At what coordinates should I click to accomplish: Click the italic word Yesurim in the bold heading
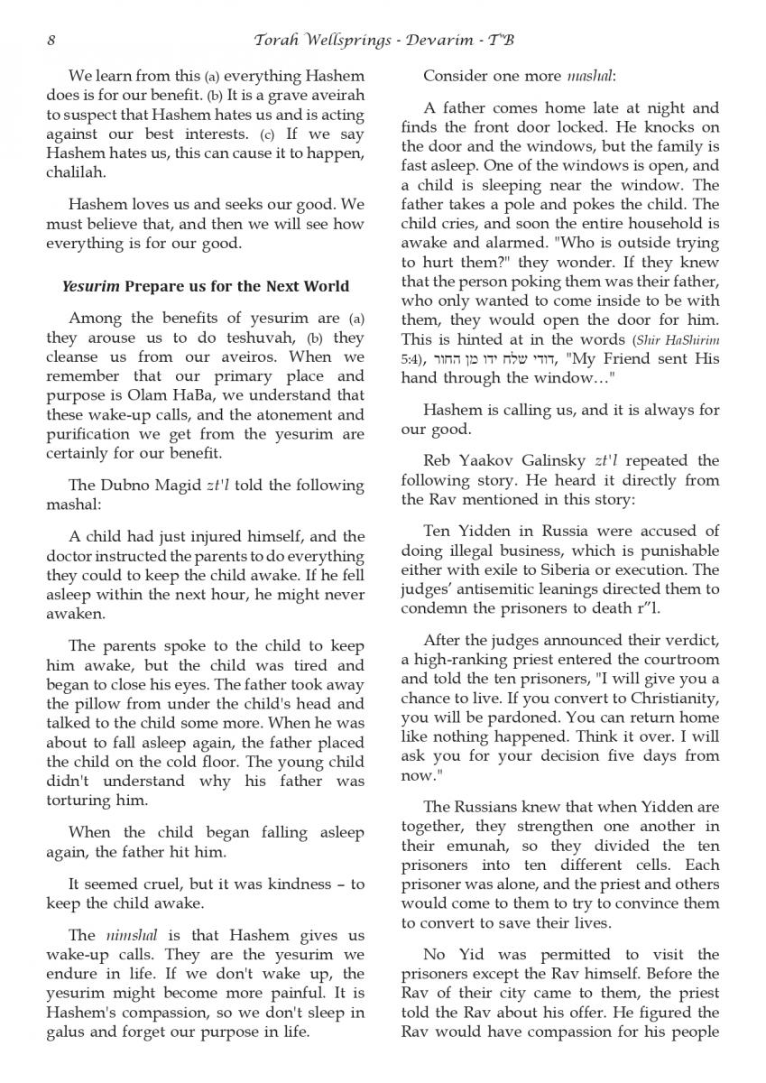(x=90, y=287)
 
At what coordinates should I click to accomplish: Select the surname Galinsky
(x=544, y=459)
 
